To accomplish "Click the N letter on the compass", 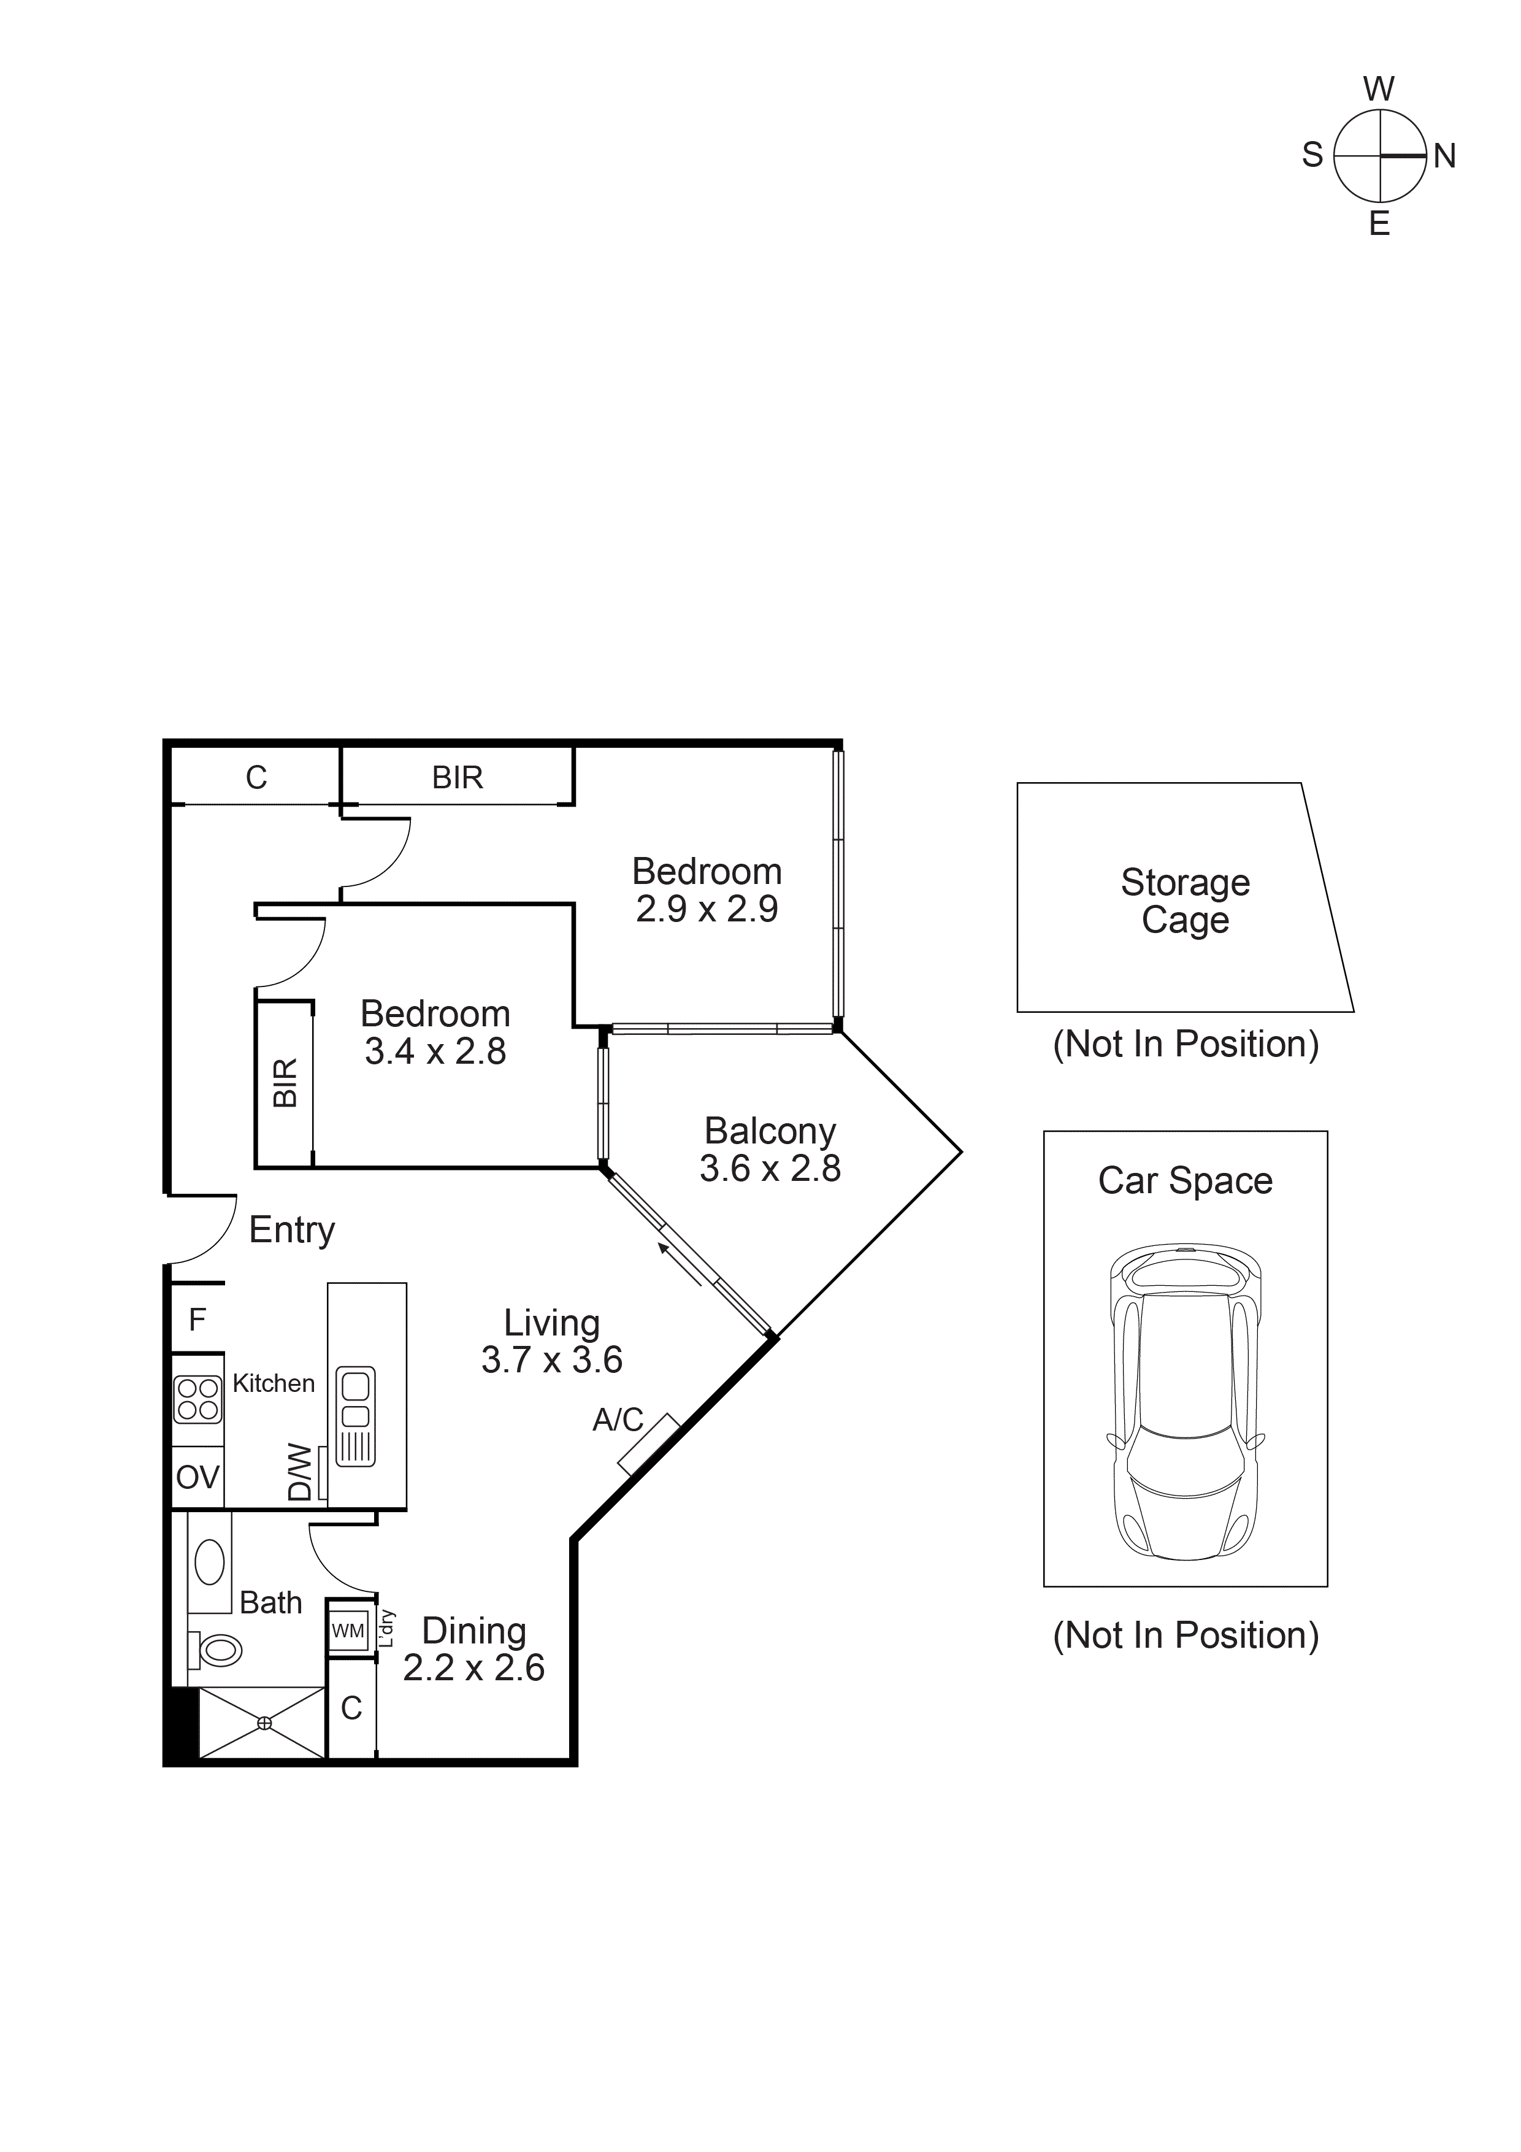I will click(x=1444, y=156).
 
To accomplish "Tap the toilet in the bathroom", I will click(x=218, y=1651).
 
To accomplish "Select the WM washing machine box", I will click(x=348, y=1631).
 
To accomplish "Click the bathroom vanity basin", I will click(x=209, y=1563).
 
